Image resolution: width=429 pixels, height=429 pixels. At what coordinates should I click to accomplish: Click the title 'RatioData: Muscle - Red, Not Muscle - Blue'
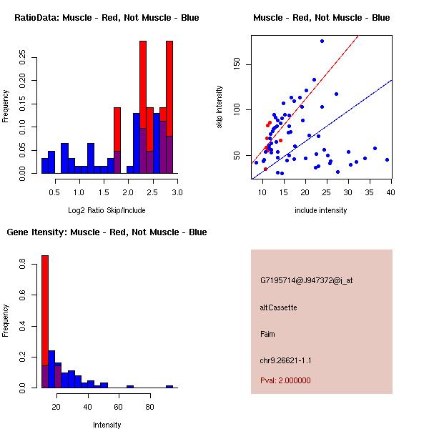click(107, 17)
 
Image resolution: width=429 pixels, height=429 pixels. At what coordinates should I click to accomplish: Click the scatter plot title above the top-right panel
click(322, 17)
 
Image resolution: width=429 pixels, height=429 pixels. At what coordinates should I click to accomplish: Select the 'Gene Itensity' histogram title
click(107, 232)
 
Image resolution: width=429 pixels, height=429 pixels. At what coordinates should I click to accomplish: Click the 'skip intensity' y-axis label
click(220, 107)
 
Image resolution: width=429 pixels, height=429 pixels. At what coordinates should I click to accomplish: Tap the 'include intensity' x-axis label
click(321, 210)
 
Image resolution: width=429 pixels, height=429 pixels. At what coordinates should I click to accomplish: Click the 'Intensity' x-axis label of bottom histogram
click(107, 425)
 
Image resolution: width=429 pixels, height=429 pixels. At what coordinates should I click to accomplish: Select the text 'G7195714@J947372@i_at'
click(306, 280)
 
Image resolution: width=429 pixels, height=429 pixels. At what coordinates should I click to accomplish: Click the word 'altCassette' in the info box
click(278, 307)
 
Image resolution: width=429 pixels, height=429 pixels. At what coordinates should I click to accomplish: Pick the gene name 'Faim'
click(267, 334)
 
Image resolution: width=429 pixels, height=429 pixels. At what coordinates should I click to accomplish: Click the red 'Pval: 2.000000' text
click(285, 380)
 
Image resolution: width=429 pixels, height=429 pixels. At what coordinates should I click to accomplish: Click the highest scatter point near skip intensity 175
click(322, 41)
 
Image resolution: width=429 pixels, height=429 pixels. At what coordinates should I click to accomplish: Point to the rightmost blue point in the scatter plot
click(387, 160)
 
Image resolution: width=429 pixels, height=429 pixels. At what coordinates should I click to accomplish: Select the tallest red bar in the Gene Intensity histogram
click(45, 322)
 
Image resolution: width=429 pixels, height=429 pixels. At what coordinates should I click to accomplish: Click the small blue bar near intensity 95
click(169, 386)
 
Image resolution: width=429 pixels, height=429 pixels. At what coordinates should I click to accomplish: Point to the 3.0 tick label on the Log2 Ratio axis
click(177, 191)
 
